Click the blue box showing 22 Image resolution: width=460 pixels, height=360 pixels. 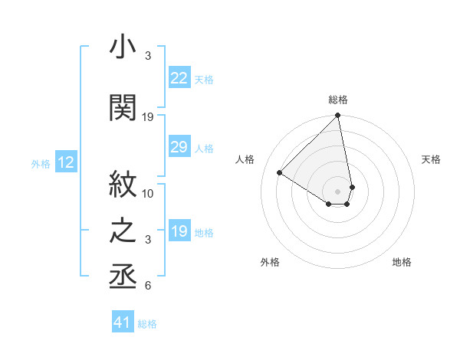179,77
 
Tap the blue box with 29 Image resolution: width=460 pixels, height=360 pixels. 179,147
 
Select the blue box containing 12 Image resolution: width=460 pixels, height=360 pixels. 65,162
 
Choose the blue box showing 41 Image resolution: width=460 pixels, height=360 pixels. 123,322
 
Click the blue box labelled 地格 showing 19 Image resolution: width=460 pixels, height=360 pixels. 179,231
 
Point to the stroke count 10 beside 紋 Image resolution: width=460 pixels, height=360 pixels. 148,193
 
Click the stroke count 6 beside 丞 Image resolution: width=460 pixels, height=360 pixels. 148,286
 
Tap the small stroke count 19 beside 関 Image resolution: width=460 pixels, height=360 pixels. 148,117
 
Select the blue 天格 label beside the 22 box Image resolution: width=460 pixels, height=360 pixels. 204,79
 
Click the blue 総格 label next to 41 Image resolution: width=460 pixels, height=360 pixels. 147,324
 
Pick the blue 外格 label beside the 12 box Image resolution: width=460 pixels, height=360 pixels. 41,163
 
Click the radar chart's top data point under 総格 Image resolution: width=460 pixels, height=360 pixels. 338,116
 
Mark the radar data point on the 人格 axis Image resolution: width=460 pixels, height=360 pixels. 280,173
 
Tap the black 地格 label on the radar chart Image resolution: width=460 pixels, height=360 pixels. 402,262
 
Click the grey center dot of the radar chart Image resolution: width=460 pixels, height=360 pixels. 338,190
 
